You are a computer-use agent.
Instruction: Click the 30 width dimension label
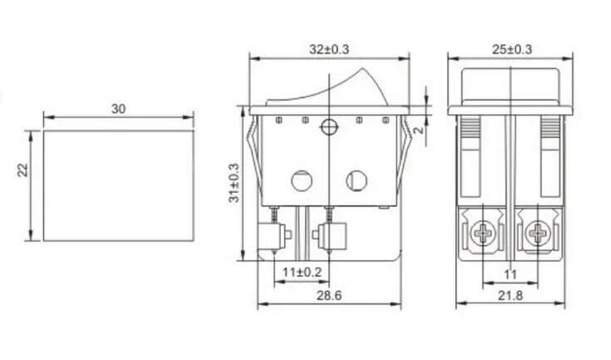pyautogui.click(x=118, y=110)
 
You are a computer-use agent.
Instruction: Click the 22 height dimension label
pyautogui.click(x=23, y=169)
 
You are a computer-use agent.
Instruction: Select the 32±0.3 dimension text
pyautogui.click(x=329, y=49)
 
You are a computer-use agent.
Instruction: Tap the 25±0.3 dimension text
pyautogui.click(x=512, y=49)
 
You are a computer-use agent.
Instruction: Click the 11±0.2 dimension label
pyautogui.click(x=301, y=272)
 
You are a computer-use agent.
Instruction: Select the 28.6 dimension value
pyautogui.click(x=329, y=295)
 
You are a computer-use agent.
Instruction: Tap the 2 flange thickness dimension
pyautogui.click(x=420, y=130)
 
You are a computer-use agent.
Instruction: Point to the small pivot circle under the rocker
pyautogui.click(x=329, y=126)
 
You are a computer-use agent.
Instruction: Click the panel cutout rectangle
pyautogui.click(x=118, y=185)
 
